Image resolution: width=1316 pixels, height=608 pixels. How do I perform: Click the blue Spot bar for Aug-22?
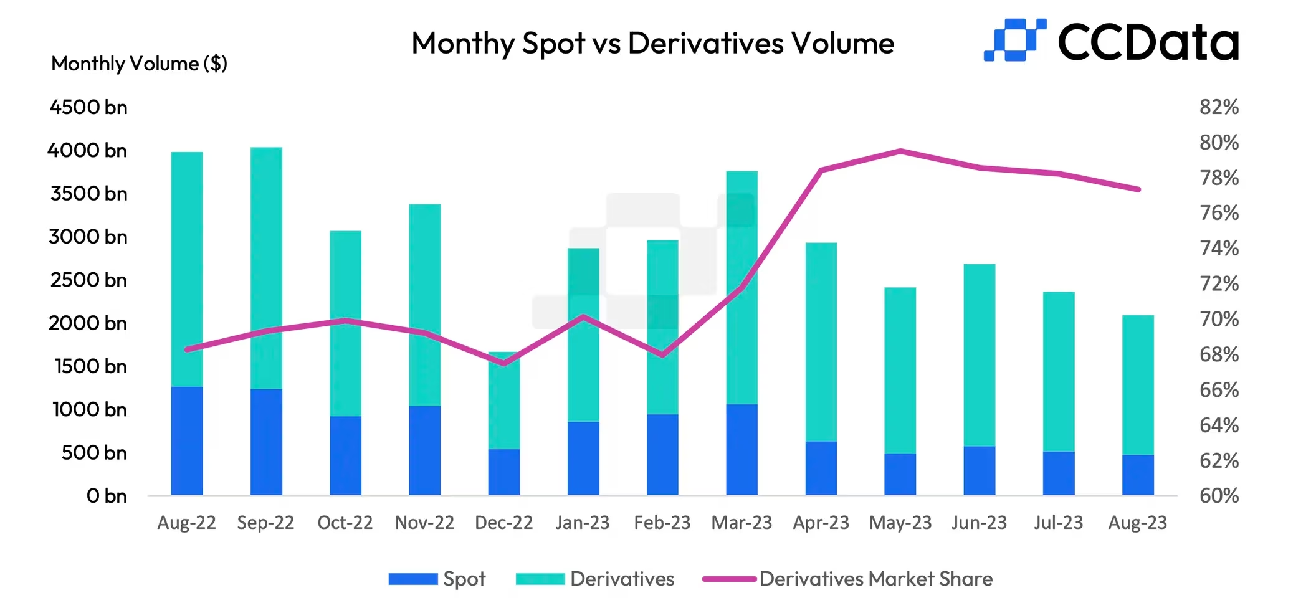pyautogui.click(x=187, y=440)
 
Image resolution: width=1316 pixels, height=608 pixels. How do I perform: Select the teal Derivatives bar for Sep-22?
pyautogui.click(x=266, y=268)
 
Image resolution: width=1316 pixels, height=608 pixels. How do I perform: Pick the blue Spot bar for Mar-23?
pyautogui.click(x=741, y=449)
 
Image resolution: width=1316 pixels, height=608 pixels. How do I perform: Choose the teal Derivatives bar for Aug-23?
pyautogui.click(x=1138, y=385)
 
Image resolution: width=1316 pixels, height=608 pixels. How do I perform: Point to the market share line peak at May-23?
pyautogui.click(x=900, y=151)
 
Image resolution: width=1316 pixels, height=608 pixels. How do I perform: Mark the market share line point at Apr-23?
pyautogui.click(x=821, y=170)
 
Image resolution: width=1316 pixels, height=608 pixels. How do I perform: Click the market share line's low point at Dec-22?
pyautogui.click(x=504, y=363)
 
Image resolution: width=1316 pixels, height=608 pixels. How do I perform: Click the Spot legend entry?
pyautogui.click(x=437, y=579)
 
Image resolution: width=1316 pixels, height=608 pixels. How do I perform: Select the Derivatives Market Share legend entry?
pyautogui.click(x=847, y=579)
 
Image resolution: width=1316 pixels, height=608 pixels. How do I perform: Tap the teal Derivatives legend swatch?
pyautogui.click(x=540, y=579)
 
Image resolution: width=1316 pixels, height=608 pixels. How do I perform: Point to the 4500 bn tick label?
pyautogui.click(x=88, y=107)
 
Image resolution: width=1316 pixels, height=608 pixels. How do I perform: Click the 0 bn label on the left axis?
pyautogui.click(x=107, y=496)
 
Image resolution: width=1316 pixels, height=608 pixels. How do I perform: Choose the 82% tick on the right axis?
pyautogui.click(x=1219, y=107)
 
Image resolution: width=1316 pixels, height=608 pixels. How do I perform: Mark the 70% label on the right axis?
pyautogui.click(x=1219, y=319)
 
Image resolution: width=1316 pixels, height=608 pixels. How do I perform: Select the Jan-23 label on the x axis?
pyautogui.click(x=583, y=522)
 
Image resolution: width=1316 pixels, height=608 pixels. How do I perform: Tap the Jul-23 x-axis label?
pyautogui.click(x=1058, y=522)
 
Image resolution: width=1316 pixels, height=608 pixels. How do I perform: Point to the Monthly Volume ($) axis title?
pyautogui.click(x=139, y=64)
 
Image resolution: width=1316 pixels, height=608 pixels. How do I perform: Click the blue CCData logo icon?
pyautogui.click(x=1014, y=40)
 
